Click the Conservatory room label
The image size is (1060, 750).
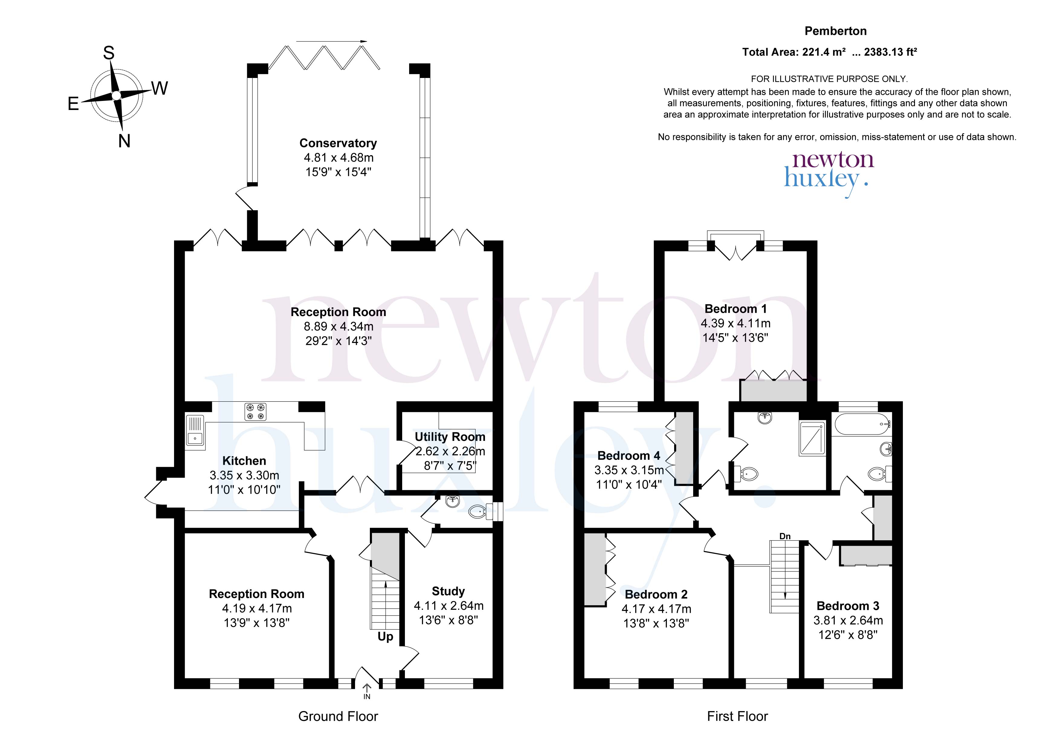click(x=338, y=143)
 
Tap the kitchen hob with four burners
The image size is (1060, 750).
click(x=256, y=412)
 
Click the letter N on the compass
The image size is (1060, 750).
click(x=124, y=141)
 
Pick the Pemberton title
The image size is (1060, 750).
click(x=835, y=31)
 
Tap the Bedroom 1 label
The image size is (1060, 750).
click(x=735, y=309)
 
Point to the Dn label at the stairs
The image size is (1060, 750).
click(x=785, y=536)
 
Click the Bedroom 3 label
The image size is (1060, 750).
click(x=848, y=606)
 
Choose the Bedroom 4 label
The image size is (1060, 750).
click(x=629, y=456)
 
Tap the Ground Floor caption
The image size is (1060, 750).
click(x=338, y=716)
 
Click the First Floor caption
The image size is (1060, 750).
click(x=737, y=716)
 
